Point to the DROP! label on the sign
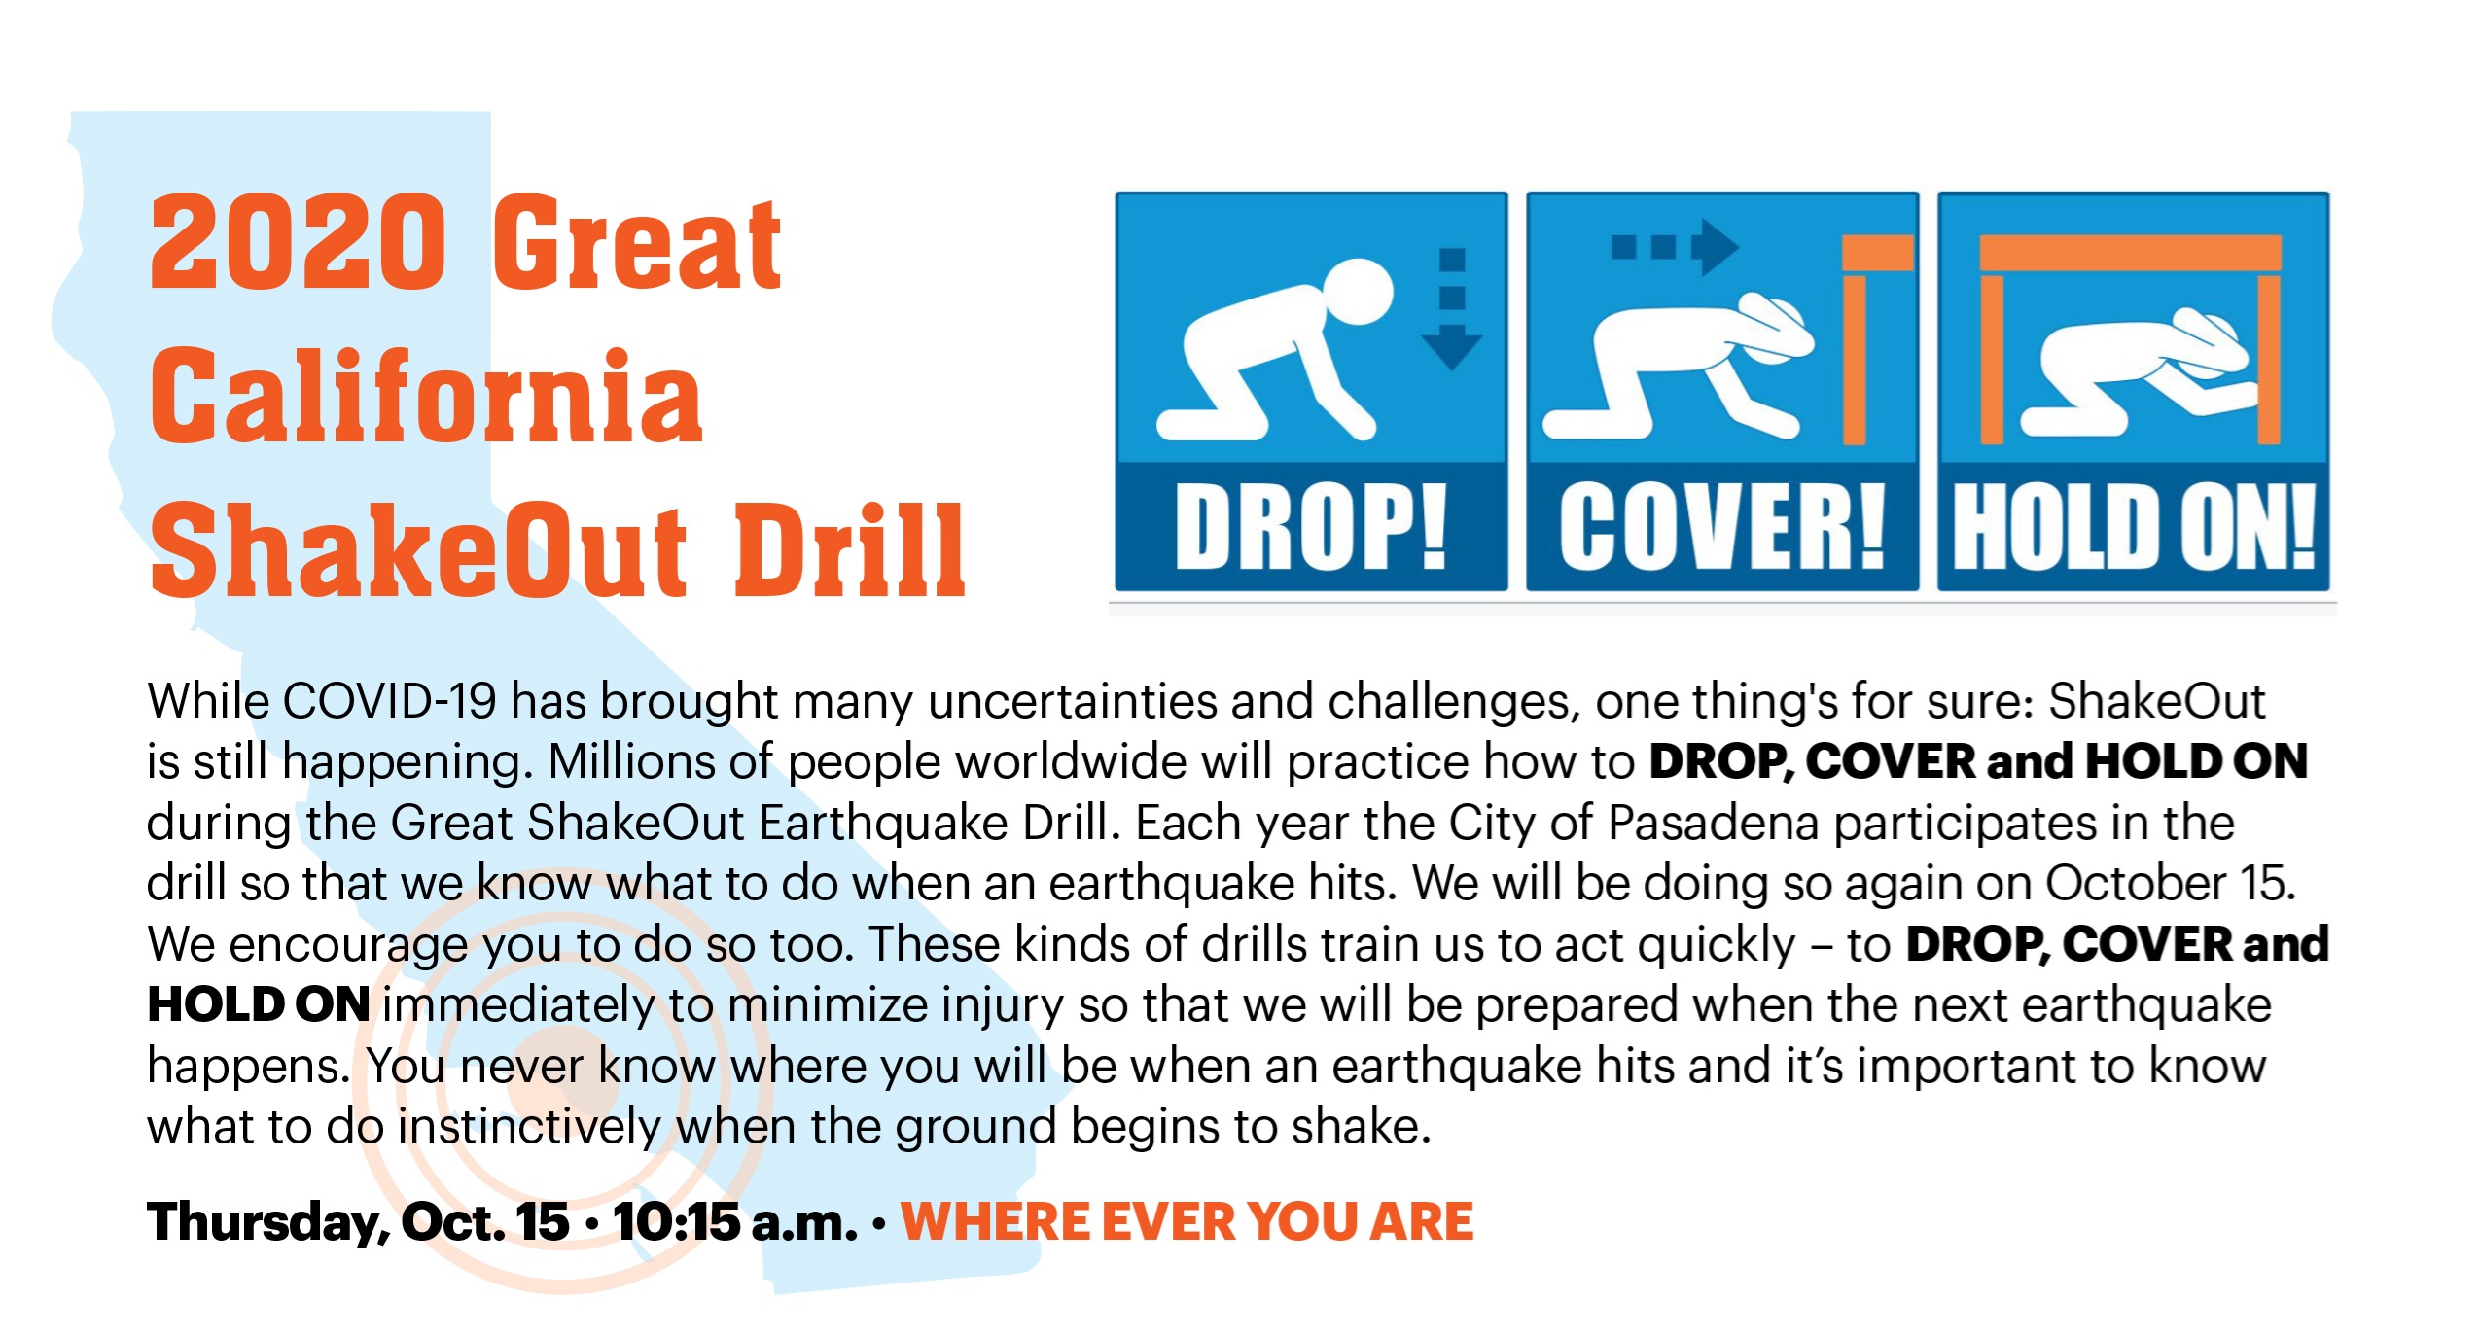coord(1310,526)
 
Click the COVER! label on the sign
coord(1721,526)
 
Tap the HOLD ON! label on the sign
coord(2134,526)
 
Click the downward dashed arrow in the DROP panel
coord(1451,309)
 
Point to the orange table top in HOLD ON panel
coord(2130,253)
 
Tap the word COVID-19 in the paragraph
coord(390,700)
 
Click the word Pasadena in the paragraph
coord(1713,823)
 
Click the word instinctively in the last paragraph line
coord(529,1127)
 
